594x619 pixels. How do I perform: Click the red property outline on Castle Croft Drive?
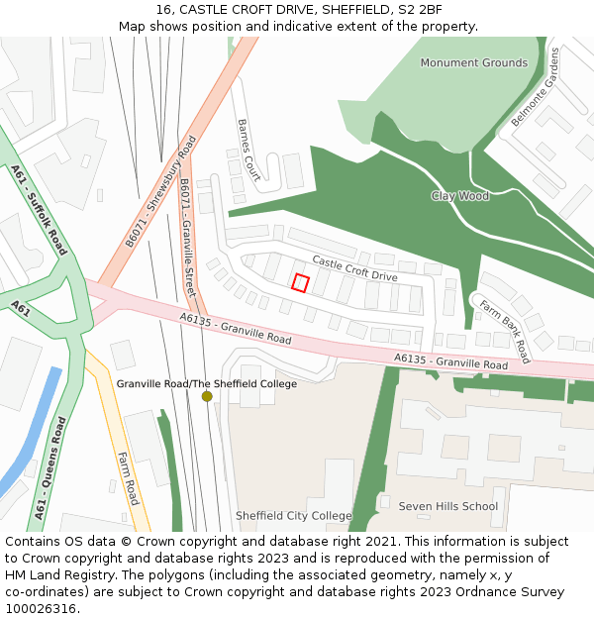301,282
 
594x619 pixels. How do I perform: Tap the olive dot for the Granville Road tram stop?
207,396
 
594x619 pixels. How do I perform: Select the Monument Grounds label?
473,62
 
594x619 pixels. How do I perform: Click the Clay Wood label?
460,196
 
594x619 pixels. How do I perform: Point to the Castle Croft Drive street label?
354,268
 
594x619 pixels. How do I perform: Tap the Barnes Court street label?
247,150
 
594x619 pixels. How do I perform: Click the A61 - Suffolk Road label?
39,210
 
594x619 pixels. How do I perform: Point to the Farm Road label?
127,478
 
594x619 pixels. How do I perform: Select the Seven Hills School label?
447,506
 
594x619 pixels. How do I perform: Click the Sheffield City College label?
293,516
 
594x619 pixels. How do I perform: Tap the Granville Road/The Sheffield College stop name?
207,383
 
